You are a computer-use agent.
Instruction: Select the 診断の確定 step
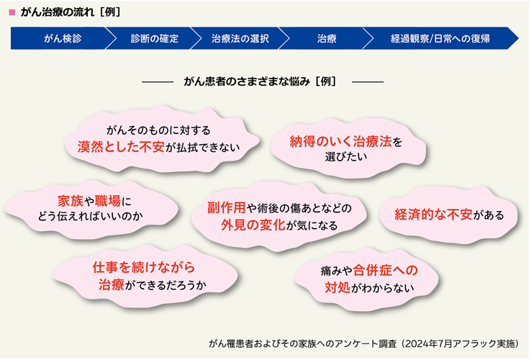(x=155, y=39)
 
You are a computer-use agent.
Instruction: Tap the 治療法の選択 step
(x=240, y=39)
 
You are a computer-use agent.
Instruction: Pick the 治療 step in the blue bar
(x=327, y=39)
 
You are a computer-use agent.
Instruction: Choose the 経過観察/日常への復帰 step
(x=440, y=39)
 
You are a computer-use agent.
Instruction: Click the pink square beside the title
(x=12, y=12)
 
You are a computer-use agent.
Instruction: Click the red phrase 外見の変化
(x=253, y=225)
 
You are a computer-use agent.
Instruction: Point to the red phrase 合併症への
(x=385, y=270)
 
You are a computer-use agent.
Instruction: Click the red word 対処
(x=337, y=287)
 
